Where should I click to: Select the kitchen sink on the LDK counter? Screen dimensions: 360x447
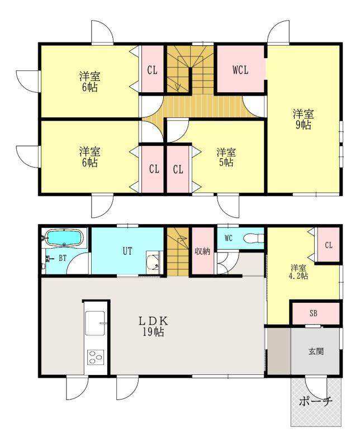(x=95, y=323)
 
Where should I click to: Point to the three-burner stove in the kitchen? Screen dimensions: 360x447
(x=95, y=358)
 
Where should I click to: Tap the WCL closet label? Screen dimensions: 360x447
(x=240, y=70)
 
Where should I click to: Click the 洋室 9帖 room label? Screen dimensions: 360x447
(x=303, y=120)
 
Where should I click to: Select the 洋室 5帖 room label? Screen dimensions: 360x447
(x=226, y=157)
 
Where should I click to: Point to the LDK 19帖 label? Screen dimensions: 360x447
(x=154, y=326)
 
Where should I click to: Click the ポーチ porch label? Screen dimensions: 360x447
(x=315, y=402)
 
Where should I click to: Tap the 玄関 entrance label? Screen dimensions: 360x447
(x=316, y=351)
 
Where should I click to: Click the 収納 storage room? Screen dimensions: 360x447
(x=202, y=251)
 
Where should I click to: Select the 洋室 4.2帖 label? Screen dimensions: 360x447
(x=299, y=272)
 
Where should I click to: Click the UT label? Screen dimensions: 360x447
(x=127, y=251)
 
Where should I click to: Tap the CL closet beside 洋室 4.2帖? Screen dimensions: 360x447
(x=328, y=245)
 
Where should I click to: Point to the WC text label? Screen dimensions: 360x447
(x=229, y=239)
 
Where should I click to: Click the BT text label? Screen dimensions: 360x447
(x=63, y=258)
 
